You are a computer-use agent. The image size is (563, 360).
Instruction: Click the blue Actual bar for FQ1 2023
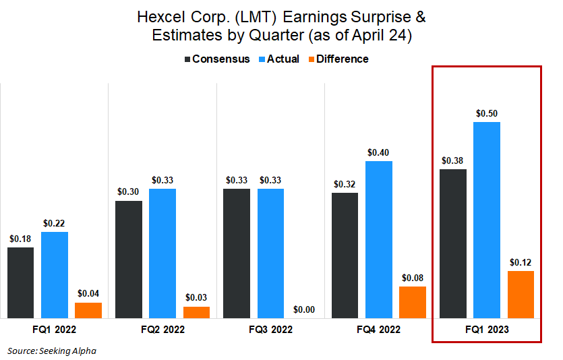[487, 219]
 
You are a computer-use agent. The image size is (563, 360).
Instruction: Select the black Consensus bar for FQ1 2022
[21, 282]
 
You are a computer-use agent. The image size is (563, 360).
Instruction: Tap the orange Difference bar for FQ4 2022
[413, 301]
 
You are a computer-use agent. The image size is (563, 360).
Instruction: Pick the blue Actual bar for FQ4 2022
[379, 239]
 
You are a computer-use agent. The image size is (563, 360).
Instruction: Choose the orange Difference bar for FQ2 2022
[196, 311]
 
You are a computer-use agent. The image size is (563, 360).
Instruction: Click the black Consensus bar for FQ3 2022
[237, 253]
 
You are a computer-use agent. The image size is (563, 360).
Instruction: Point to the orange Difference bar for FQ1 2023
[521, 293]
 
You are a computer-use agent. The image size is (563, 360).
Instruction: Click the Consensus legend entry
[217, 59]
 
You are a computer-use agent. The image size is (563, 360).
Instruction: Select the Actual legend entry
[278, 59]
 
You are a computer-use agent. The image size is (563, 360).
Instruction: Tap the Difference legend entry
[336, 59]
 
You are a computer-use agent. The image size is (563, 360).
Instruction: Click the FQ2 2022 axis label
[162, 330]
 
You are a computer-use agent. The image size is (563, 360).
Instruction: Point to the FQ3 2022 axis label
[270, 330]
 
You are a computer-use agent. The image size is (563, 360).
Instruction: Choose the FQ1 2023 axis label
[486, 330]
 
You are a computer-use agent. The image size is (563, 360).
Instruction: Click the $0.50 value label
[487, 113]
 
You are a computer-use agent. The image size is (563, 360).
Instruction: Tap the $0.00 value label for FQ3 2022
[304, 309]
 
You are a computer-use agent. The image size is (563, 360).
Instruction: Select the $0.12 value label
[521, 262]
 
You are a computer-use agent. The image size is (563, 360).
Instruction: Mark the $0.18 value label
[21, 239]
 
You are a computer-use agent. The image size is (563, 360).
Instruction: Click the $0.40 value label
[379, 152]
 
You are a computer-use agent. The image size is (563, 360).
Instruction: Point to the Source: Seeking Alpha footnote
[52, 351]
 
